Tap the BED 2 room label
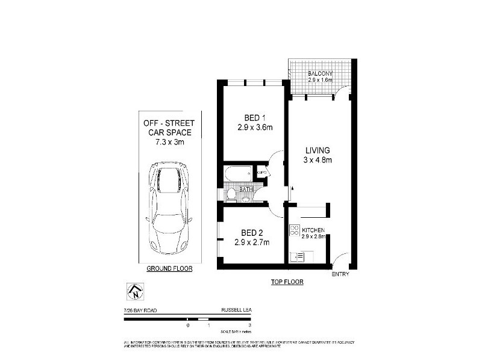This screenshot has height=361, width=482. (251, 233)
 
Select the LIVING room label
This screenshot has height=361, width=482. (318, 150)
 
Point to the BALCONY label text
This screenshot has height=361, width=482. (320, 73)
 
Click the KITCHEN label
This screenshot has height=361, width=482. (314, 230)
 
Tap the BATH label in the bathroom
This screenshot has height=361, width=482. (246, 190)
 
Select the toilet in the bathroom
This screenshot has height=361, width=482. (231, 194)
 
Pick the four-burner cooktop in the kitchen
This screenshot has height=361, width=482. (295, 230)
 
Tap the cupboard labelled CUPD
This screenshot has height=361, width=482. (261, 173)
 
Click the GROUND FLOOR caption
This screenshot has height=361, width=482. (169, 269)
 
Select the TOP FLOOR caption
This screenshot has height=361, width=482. (287, 282)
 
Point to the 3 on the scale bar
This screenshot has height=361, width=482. (233, 326)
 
